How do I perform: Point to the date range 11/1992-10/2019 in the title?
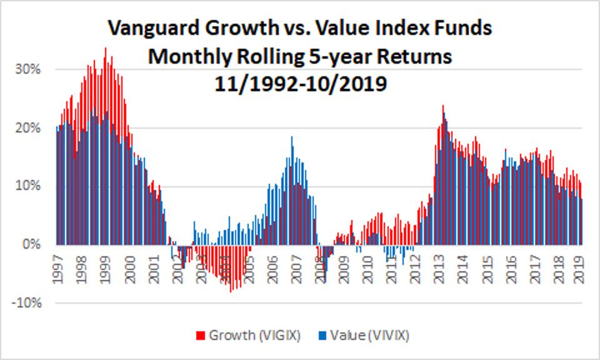300,81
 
